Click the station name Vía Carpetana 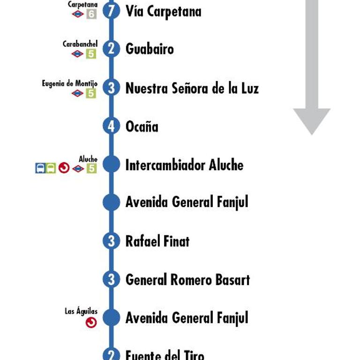click(x=164, y=11)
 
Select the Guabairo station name click(x=150, y=49)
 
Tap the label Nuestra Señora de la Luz click(x=192, y=88)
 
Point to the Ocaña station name click(x=142, y=126)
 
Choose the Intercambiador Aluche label click(x=184, y=165)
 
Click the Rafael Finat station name click(x=157, y=241)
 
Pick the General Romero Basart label click(x=187, y=280)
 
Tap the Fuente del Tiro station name click(x=165, y=355)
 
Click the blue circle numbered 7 click(x=112, y=11)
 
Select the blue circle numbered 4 click(x=112, y=126)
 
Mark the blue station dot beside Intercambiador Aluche click(x=112, y=164)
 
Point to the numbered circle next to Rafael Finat click(x=112, y=241)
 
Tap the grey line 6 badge click(x=91, y=14)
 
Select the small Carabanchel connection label click(x=80, y=44)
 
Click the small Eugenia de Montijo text click(x=70, y=83)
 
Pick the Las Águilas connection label click(x=81, y=311)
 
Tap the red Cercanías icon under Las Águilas click(x=91, y=322)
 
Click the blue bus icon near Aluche click(x=40, y=168)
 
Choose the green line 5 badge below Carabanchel click(x=91, y=54)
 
